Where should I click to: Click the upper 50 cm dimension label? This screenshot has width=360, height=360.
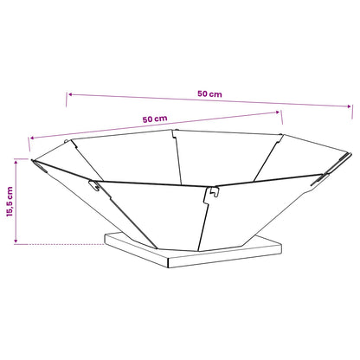pos(209,93)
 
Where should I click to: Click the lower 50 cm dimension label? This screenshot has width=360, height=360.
pos(155,119)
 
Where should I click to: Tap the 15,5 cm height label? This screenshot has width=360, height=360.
pos(10,202)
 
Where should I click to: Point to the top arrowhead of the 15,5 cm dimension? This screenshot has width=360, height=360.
pos(16,162)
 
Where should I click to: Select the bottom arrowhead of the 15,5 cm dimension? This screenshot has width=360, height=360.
pos(16,241)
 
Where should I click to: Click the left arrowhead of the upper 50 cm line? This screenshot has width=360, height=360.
pos(70,94)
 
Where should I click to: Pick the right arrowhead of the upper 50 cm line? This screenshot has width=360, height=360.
pos(348,106)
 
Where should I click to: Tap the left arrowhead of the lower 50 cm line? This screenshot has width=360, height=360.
pos(33,138)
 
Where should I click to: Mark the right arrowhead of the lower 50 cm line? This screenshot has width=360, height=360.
pos(277,112)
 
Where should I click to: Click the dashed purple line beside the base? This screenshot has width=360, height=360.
pos(59,244)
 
